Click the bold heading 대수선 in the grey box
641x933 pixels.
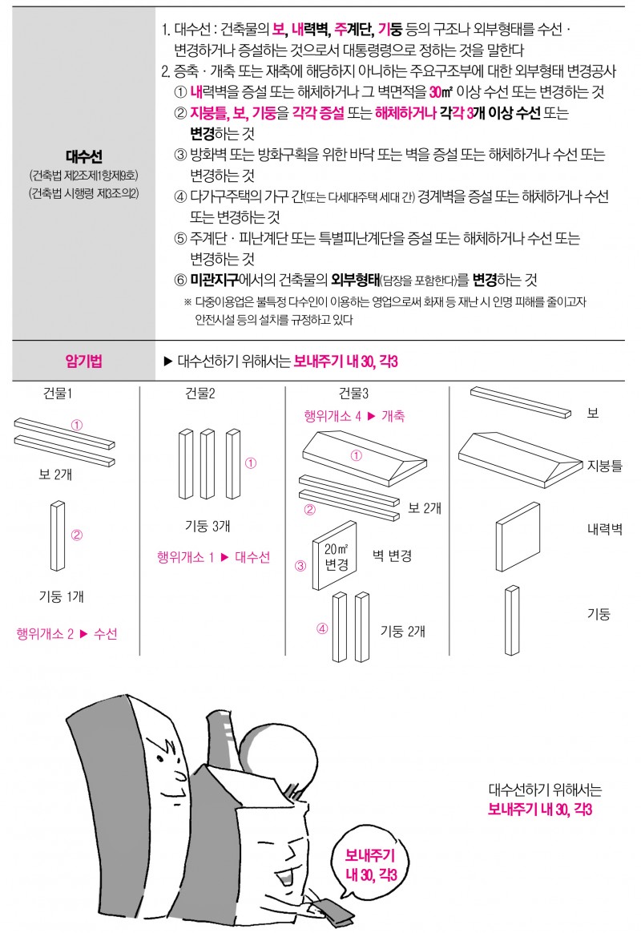click(x=84, y=156)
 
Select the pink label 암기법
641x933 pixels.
click(x=84, y=361)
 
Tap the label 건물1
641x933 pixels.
click(x=58, y=394)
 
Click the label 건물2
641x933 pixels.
click(x=200, y=394)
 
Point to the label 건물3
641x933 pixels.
click(x=354, y=394)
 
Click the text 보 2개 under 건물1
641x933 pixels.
click(x=55, y=475)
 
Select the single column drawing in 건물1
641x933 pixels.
click(x=58, y=535)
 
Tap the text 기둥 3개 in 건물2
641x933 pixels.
click(x=208, y=526)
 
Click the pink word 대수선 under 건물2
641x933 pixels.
click(x=252, y=557)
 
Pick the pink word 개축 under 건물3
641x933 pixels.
click(x=393, y=416)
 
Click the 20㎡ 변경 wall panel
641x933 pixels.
click(x=335, y=555)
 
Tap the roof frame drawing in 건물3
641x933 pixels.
click(x=365, y=458)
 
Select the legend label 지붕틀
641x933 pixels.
click(x=605, y=466)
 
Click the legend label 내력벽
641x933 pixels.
click(x=605, y=529)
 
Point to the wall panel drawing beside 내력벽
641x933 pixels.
click(x=518, y=537)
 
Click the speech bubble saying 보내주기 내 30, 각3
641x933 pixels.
click(x=370, y=864)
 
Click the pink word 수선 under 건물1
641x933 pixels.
click(x=105, y=634)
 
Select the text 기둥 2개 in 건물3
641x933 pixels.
click(x=403, y=631)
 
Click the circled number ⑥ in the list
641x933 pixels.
click(x=181, y=281)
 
